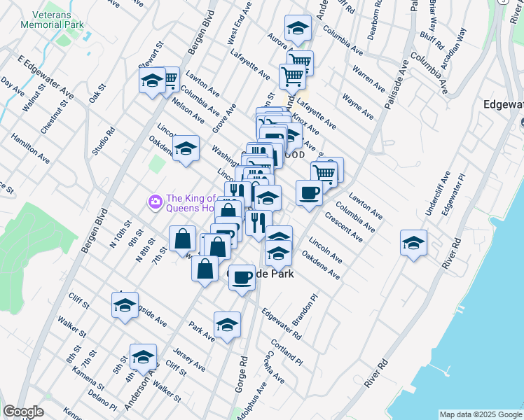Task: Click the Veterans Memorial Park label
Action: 53,18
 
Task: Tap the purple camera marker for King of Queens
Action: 155,202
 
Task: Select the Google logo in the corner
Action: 23,412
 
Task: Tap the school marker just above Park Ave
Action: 227,325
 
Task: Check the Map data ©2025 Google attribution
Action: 481,414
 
